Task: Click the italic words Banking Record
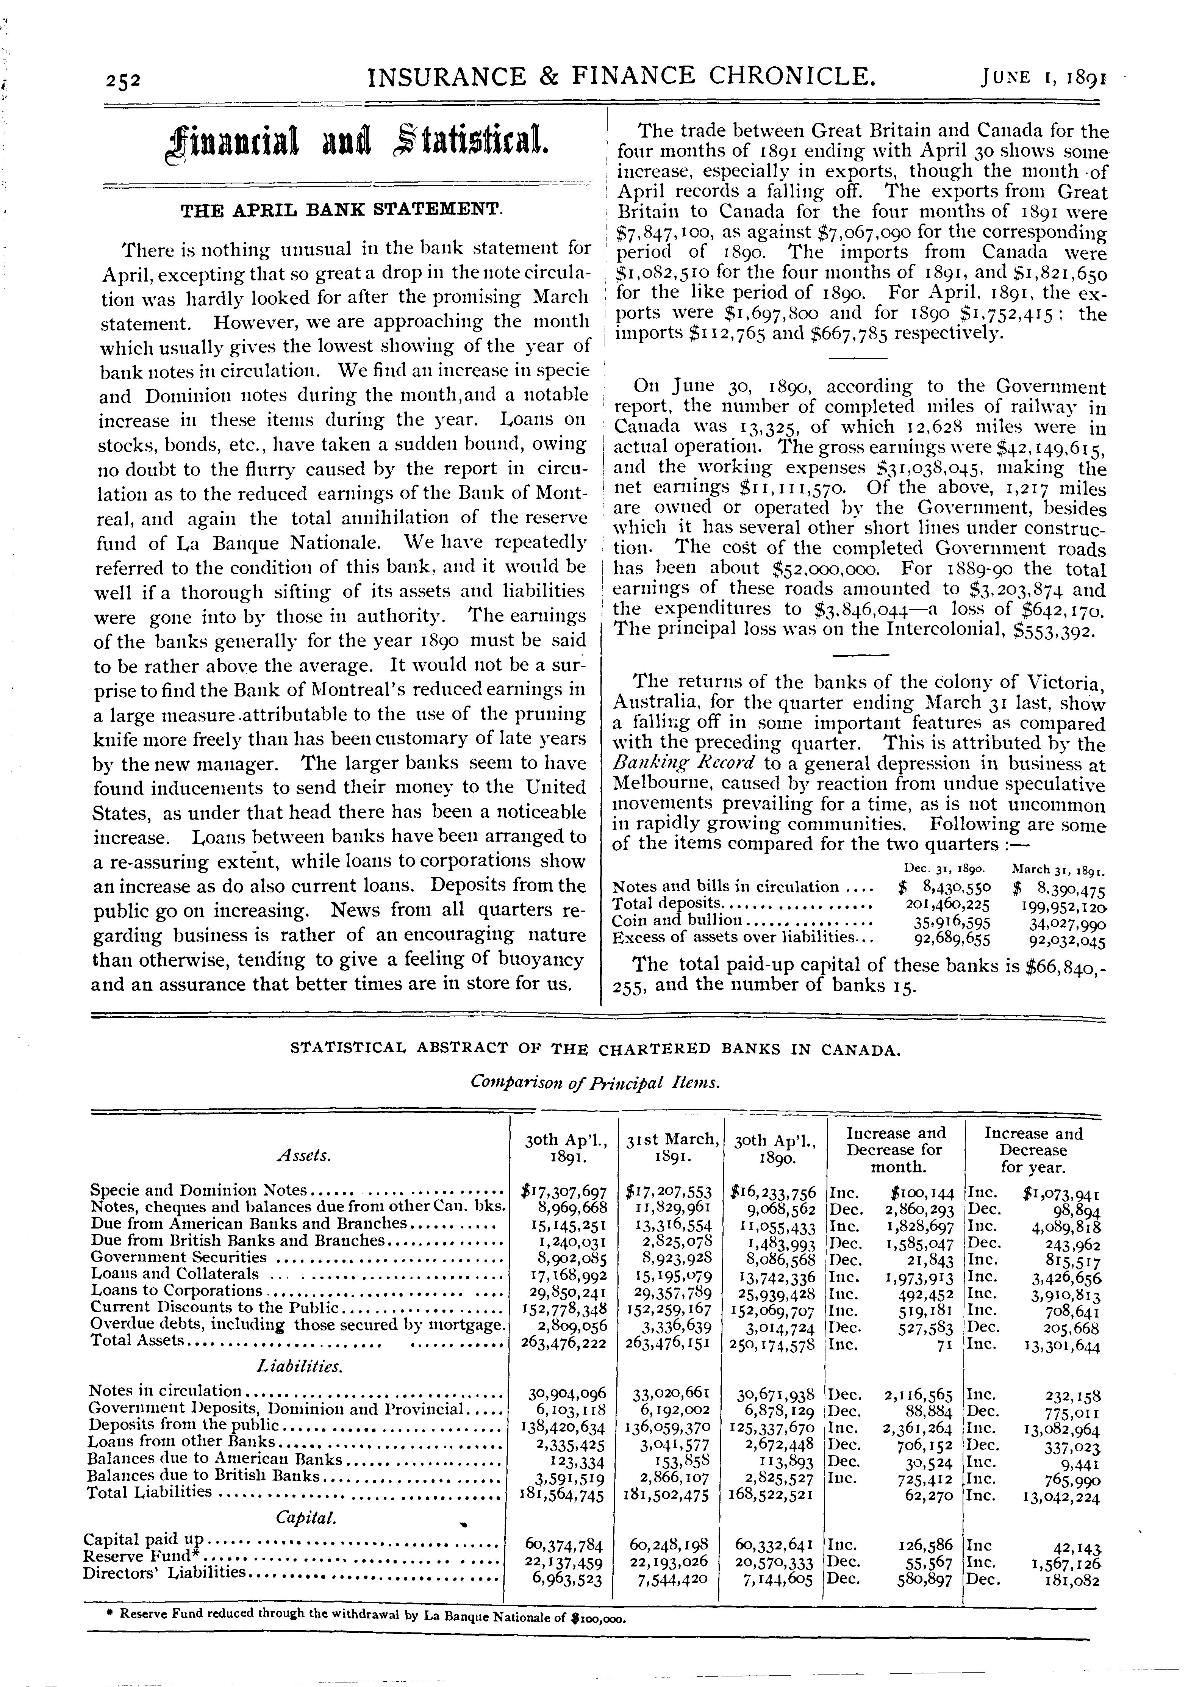tap(682, 764)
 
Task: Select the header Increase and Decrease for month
tap(896, 1150)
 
